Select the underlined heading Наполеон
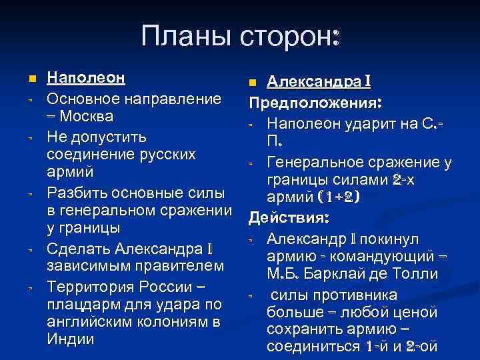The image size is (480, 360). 86,77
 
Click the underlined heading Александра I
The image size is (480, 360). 319,82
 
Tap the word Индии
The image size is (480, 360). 71,339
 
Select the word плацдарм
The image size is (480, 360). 80,305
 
